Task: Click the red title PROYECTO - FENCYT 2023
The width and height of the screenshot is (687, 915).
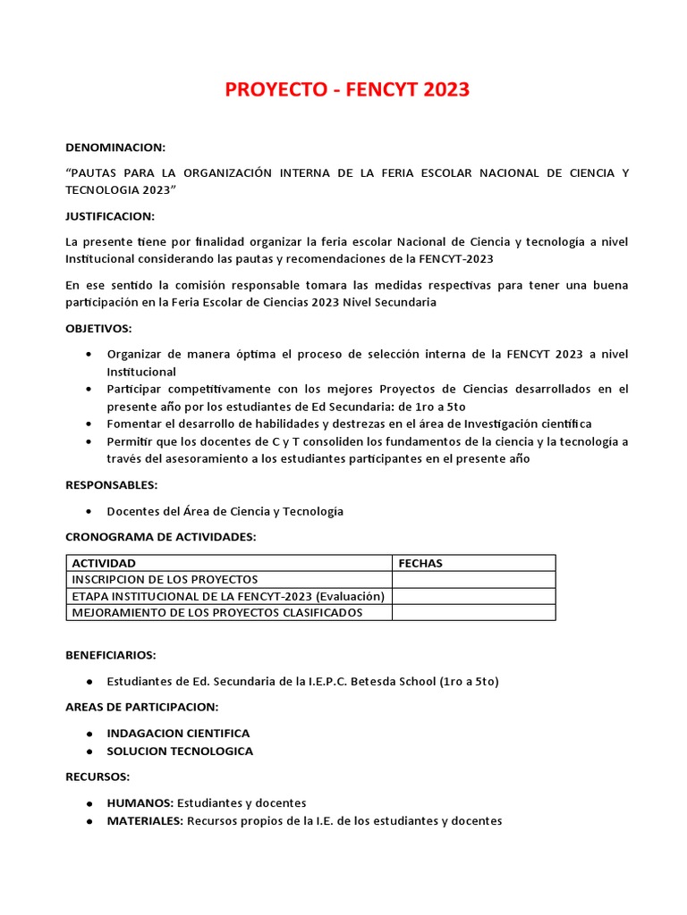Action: [346, 90]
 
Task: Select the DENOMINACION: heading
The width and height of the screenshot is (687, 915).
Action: [115, 147]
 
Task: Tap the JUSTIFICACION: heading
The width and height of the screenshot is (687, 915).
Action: [110, 216]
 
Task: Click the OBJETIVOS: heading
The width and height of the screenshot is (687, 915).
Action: [98, 328]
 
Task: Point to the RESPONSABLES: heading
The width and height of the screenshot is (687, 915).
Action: [112, 484]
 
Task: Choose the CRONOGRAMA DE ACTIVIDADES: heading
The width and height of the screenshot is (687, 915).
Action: [161, 536]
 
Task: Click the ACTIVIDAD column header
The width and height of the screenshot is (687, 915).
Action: [104, 563]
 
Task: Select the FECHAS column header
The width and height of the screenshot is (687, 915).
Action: [420, 563]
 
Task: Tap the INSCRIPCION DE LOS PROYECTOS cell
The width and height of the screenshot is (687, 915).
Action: [165, 579]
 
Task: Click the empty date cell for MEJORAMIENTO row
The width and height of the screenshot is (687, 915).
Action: [473, 612]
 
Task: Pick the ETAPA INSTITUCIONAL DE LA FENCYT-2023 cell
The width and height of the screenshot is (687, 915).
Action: [228, 596]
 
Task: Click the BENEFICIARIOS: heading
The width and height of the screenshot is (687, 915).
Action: [111, 655]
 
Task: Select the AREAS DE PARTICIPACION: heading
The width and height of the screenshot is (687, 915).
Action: [141, 707]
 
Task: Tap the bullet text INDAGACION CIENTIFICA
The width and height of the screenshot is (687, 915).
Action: [178, 733]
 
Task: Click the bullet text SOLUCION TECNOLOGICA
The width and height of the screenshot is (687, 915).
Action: [180, 751]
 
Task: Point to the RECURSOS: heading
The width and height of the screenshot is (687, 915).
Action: [98, 776]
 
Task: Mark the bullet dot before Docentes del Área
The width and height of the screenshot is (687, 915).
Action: [89, 511]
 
